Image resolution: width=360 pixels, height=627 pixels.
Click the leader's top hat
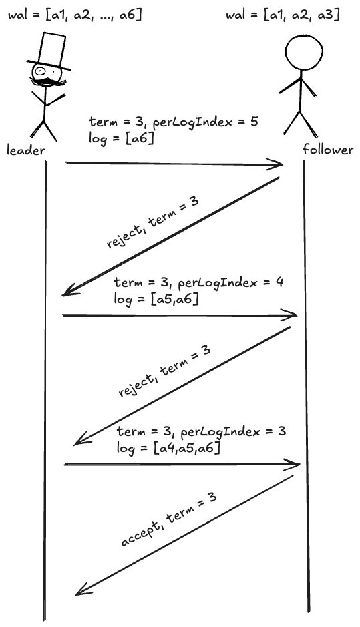49,51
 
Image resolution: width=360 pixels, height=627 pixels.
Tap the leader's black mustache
48,81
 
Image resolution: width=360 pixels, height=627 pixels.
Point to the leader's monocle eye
40,71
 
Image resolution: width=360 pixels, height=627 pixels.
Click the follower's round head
304,52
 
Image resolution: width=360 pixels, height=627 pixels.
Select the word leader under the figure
26,150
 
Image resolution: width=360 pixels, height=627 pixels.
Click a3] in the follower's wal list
329,15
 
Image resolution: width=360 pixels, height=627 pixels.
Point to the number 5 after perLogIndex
254,121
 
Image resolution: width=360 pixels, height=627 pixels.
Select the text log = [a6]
122,138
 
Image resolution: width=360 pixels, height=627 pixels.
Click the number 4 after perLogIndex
279,282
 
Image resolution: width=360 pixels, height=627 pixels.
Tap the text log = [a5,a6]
156,298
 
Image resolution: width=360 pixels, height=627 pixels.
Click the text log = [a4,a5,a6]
168,448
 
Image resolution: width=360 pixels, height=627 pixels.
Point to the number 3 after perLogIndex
282,431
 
